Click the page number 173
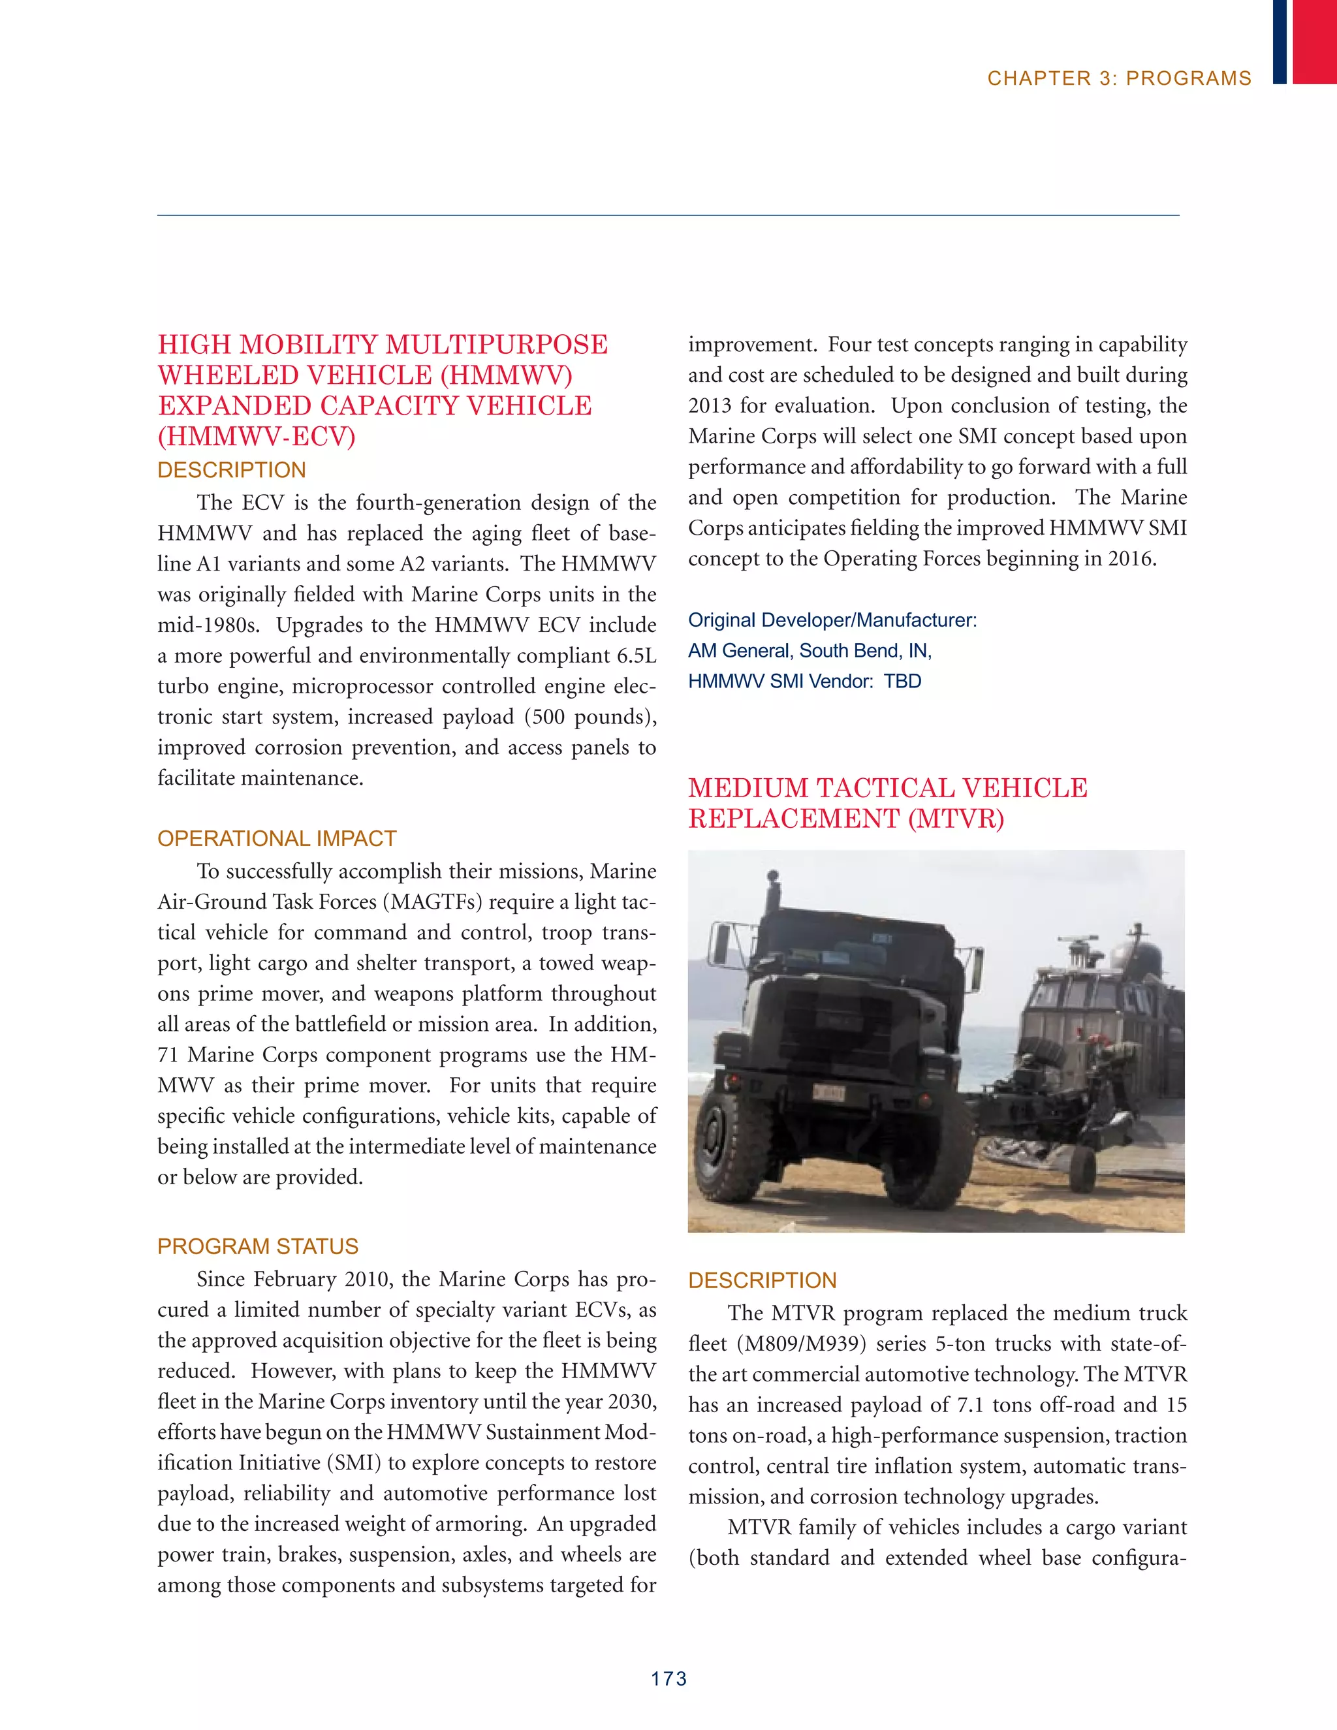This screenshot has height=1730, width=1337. coord(668,1678)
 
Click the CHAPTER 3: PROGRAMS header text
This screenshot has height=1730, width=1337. coord(1118,78)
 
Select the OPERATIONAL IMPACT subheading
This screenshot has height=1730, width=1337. coord(276,838)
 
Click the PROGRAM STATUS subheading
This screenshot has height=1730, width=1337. coord(257,1246)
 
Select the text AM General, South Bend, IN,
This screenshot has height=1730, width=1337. coord(810,650)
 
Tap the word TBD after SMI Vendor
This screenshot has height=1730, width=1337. coord(902,681)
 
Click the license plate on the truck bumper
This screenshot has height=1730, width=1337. coord(828,1094)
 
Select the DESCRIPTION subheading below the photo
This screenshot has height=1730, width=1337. coord(762,1280)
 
